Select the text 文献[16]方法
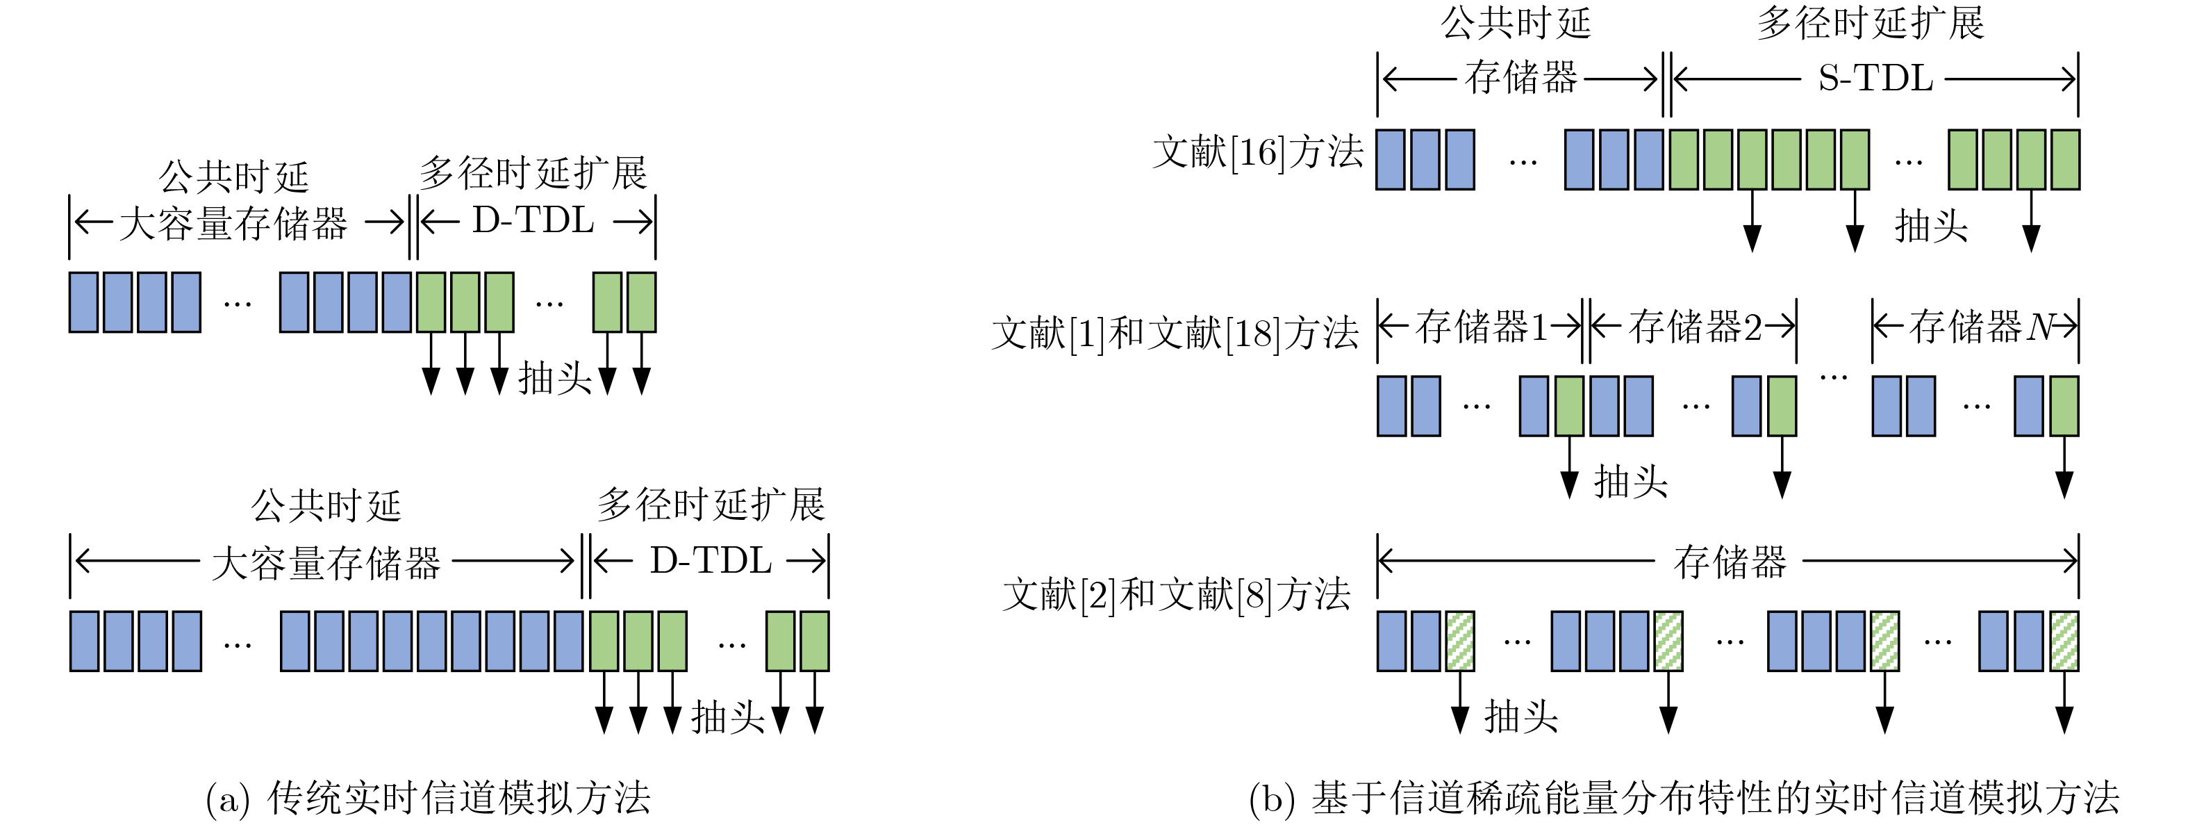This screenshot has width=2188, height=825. pos(1258,153)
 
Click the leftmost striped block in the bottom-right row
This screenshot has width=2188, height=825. pos(1460,642)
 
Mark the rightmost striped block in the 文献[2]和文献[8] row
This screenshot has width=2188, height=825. pos(2064,642)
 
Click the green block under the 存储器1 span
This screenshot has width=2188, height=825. pos(1570,406)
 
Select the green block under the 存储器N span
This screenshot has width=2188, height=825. pos(2064,406)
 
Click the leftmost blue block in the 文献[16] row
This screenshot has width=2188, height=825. pos(1390,160)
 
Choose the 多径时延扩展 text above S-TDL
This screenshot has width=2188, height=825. pos(1871,23)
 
